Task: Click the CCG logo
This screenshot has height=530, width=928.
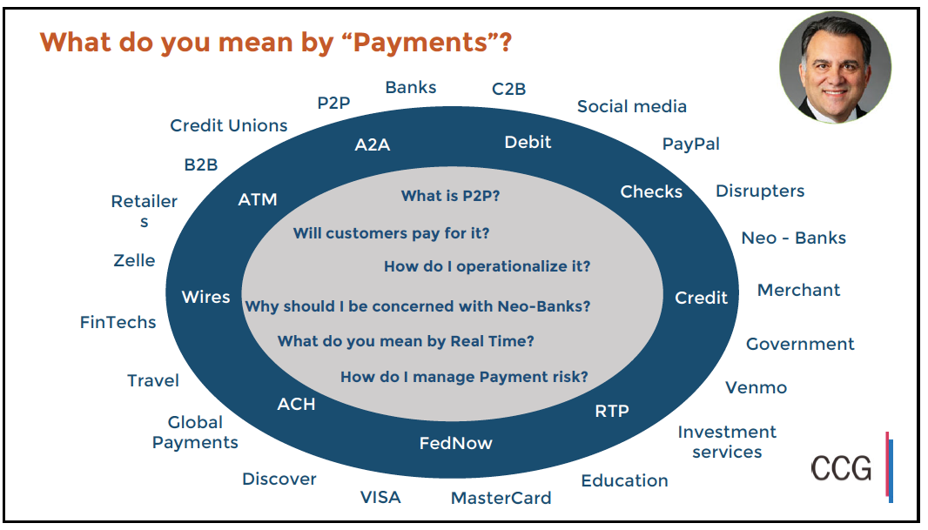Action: [842, 468]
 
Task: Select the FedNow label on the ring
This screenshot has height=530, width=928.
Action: [455, 443]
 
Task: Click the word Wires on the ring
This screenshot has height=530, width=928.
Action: [205, 297]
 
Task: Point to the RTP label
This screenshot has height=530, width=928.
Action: [611, 411]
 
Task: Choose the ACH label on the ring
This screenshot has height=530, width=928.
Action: [296, 404]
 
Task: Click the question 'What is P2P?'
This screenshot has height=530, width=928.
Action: [450, 196]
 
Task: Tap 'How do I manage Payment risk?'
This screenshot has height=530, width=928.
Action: [464, 377]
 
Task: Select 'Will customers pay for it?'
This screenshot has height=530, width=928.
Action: [391, 233]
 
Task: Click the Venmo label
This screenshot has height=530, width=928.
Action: [756, 387]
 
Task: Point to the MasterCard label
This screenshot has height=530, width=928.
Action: [501, 499]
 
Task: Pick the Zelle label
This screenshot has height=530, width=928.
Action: [134, 260]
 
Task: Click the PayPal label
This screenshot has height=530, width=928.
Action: [690, 144]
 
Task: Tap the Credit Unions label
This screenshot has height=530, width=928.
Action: [228, 125]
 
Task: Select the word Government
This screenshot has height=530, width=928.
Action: [800, 344]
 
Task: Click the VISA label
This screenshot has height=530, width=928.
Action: [380, 497]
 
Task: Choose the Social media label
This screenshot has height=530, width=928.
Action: [631, 106]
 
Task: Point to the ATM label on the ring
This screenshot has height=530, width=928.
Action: [258, 199]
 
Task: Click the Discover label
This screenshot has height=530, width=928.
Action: [279, 479]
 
